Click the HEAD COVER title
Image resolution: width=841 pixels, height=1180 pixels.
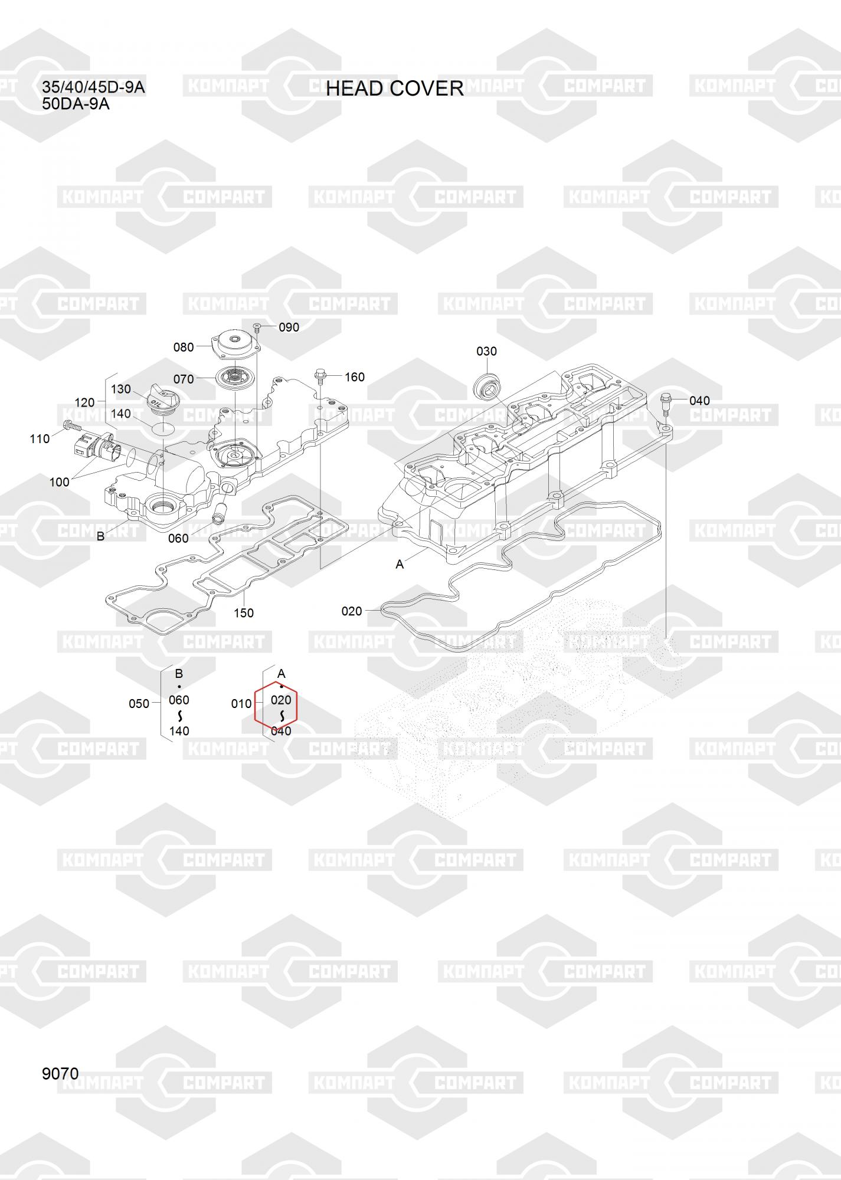pos(395,88)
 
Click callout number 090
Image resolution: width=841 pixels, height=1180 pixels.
pos(289,327)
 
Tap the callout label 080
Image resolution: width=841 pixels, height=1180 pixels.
pos(184,347)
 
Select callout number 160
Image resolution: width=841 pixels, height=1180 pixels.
pos(354,377)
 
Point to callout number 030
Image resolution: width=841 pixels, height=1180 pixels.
pos(486,351)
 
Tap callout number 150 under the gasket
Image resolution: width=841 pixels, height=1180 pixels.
pos(243,613)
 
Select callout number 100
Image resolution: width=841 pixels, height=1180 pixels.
pos(59,482)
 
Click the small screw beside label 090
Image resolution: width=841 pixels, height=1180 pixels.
pos(257,326)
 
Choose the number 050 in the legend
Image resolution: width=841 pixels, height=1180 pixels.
pos(139,704)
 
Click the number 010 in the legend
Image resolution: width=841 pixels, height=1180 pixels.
pos(241,704)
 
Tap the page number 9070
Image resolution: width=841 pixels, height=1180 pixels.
pos(60,1074)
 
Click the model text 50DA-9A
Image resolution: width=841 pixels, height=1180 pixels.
pos(76,104)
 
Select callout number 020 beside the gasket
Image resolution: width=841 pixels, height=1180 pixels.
pos(352,611)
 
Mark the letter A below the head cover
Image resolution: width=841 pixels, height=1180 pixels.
pos(400,565)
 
